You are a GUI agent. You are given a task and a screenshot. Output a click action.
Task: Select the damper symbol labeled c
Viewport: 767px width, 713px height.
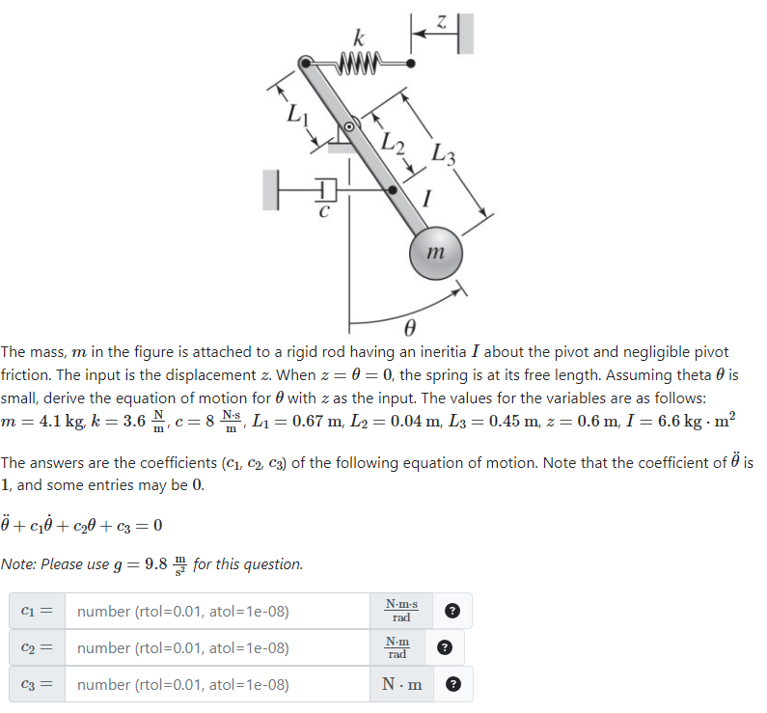pos(325,189)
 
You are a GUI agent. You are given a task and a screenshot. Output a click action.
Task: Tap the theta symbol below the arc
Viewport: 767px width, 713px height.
pos(408,326)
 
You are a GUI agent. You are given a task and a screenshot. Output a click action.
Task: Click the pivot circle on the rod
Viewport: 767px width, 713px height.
pos(351,124)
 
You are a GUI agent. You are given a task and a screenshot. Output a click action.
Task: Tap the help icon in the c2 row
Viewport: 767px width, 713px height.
pos(443,647)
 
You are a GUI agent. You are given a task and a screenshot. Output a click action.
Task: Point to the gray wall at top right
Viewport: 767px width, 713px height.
pos(467,33)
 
